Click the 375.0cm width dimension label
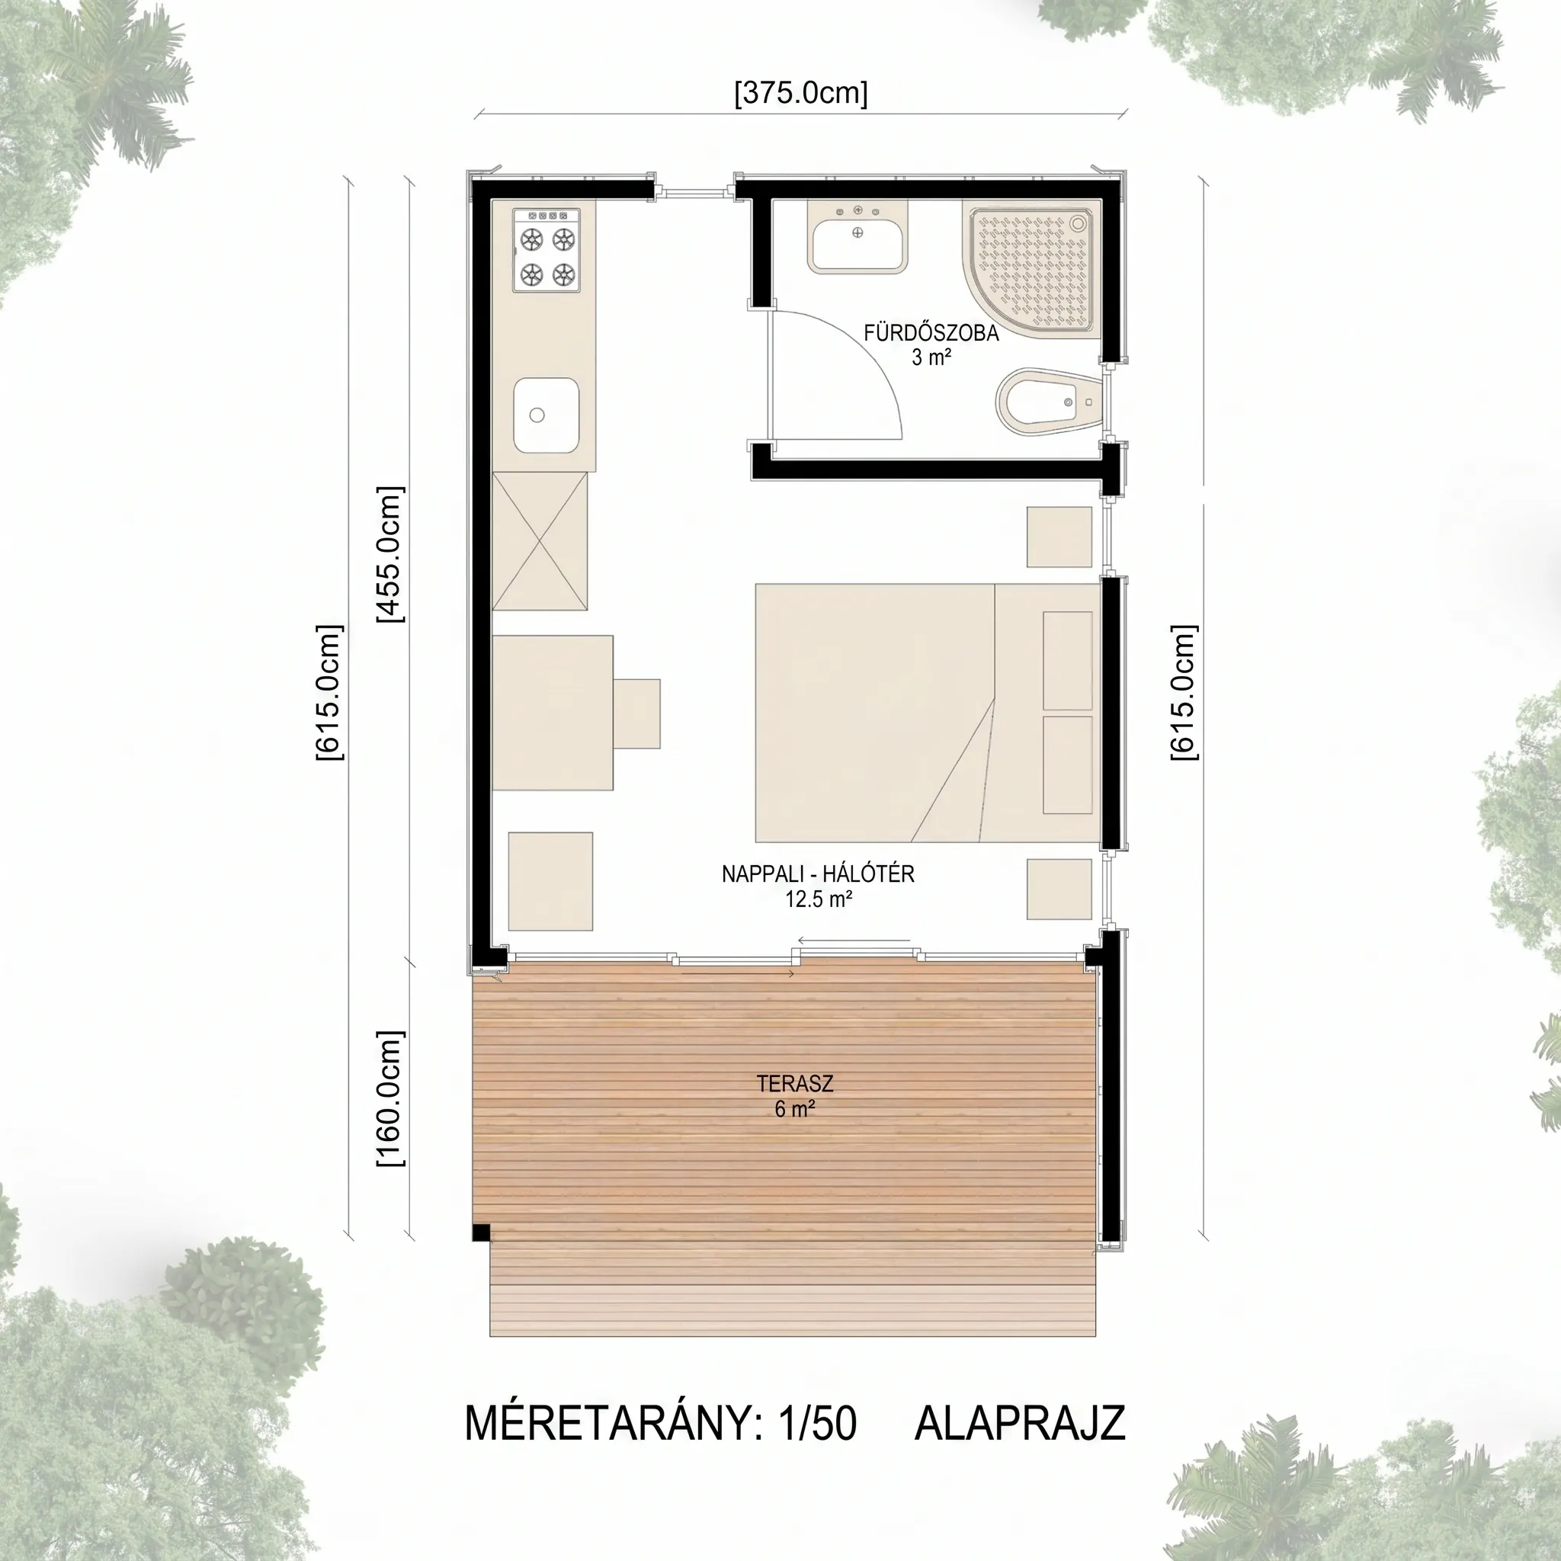point(801,94)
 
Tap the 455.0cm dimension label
point(390,555)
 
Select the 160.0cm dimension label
point(390,1099)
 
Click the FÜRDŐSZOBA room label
point(931,334)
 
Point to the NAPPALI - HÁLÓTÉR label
point(818,873)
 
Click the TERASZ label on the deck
point(795,1084)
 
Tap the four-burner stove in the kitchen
point(547,250)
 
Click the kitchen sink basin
point(547,416)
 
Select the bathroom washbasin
point(858,236)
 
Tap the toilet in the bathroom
point(1048,402)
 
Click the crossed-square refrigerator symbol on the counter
point(540,541)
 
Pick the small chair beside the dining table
point(636,713)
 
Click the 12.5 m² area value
point(818,899)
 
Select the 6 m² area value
point(795,1109)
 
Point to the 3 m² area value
point(931,357)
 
